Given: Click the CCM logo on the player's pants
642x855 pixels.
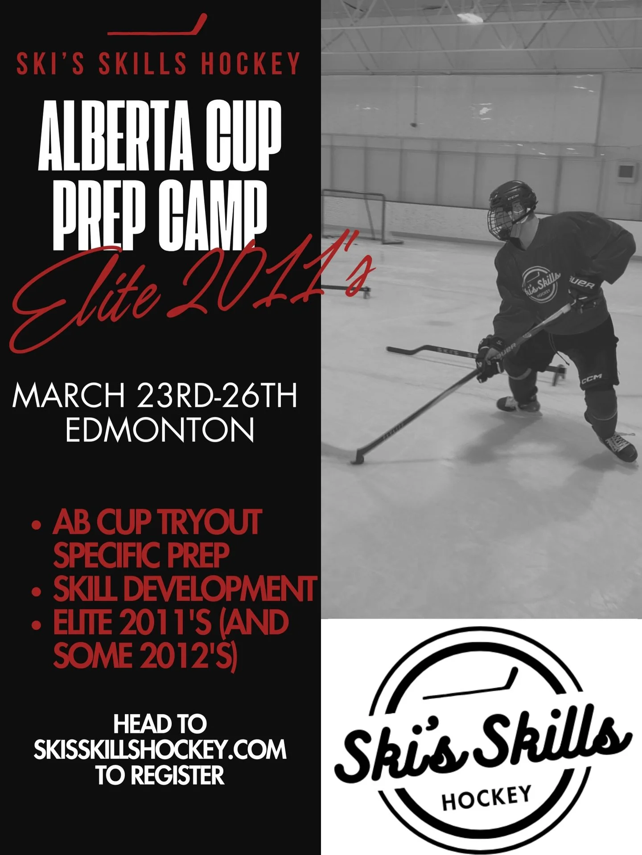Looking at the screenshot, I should tap(591, 378).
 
